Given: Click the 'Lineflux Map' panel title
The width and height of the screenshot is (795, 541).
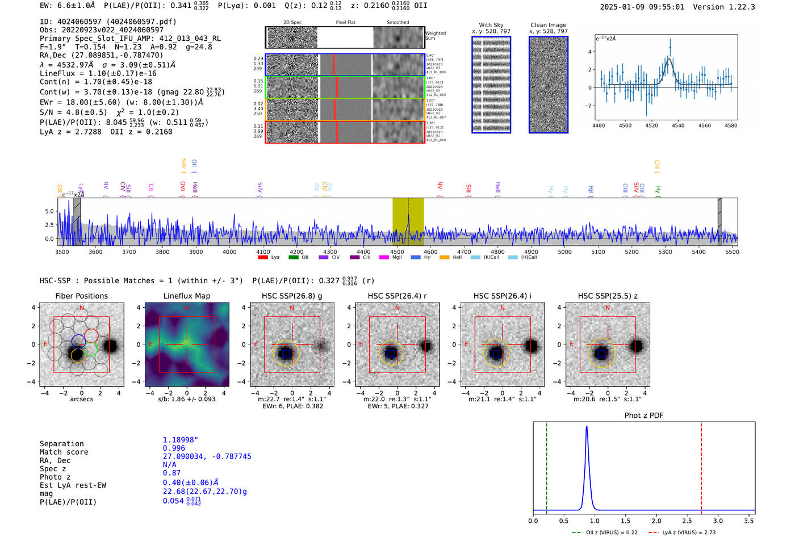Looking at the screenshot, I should [186, 296].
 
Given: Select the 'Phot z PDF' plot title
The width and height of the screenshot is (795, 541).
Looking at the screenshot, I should [643, 416].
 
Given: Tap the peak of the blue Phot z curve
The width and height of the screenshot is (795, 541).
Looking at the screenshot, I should [587, 427].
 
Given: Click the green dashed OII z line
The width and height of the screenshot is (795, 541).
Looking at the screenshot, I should [546, 465].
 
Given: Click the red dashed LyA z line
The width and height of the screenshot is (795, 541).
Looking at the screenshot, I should [701, 465].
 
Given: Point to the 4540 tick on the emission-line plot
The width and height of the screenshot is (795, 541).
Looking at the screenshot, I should [678, 125].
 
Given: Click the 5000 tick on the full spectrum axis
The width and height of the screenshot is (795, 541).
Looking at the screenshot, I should [564, 252].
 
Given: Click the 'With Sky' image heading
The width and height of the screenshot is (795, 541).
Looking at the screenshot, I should [491, 25].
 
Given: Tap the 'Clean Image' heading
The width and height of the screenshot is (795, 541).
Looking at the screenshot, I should [548, 25].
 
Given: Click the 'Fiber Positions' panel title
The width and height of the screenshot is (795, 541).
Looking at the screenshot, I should [81, 296].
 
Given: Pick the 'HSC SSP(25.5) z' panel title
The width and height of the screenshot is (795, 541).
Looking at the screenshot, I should [608, 296].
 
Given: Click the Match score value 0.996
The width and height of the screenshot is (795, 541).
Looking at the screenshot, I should [174, 448].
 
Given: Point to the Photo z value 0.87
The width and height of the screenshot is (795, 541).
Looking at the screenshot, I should [171, 473].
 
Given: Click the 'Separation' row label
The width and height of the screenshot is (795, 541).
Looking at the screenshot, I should [61, 444].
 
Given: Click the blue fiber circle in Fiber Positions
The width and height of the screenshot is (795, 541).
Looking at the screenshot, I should [78, 342].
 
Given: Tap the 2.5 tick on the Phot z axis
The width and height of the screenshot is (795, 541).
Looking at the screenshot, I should [687, 521].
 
